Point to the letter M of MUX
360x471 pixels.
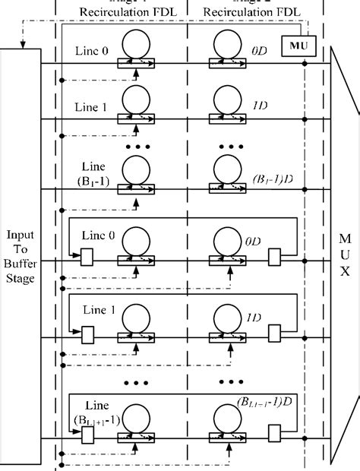346,239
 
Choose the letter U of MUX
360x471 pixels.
346,255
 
